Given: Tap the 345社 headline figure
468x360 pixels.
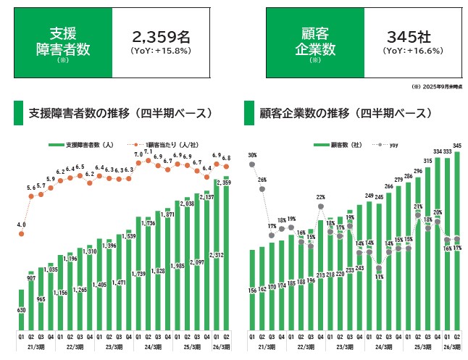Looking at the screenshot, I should click(x=414, y=37).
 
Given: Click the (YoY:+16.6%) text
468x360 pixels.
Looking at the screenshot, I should click(x=414, y=51).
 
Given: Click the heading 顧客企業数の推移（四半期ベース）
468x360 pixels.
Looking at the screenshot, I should click(x=346, y=114).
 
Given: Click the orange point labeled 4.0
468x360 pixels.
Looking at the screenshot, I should click(x=22, y=234).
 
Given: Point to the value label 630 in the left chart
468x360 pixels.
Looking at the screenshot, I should click(x=22, y=310).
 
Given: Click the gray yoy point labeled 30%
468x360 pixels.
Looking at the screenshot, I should click(x=252, y=164).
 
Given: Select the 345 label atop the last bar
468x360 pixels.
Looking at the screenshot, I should click(x=457, y=146).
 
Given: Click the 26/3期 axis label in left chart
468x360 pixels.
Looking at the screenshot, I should click(x=221, y=347).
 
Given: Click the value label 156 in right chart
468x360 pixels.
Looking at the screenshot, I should click(x=252, y=290).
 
